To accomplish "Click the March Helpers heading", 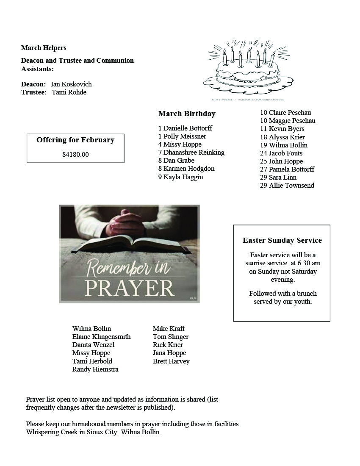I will pos(44,48).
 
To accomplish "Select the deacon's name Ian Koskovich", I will pos(71,84).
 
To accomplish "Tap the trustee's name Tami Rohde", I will pos(69,92).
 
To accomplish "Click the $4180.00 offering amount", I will pos(75,155).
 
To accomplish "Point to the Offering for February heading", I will pos(75,140).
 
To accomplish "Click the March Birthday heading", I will pos(187,114).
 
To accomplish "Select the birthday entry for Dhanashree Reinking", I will pos(191,153).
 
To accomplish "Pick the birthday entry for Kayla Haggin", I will pos(181,177).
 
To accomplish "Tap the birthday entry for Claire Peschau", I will pos(285,113).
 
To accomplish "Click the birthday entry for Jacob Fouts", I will pos(281,153).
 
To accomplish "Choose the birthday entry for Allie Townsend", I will pos(287,186).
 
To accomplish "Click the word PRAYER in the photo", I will pos(130,288).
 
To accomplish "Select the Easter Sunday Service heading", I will pos(282,240).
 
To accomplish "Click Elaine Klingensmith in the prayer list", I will pos(102,337).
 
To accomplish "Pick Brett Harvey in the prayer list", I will pos(171,361).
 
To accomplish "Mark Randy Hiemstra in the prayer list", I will pos(95,369).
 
